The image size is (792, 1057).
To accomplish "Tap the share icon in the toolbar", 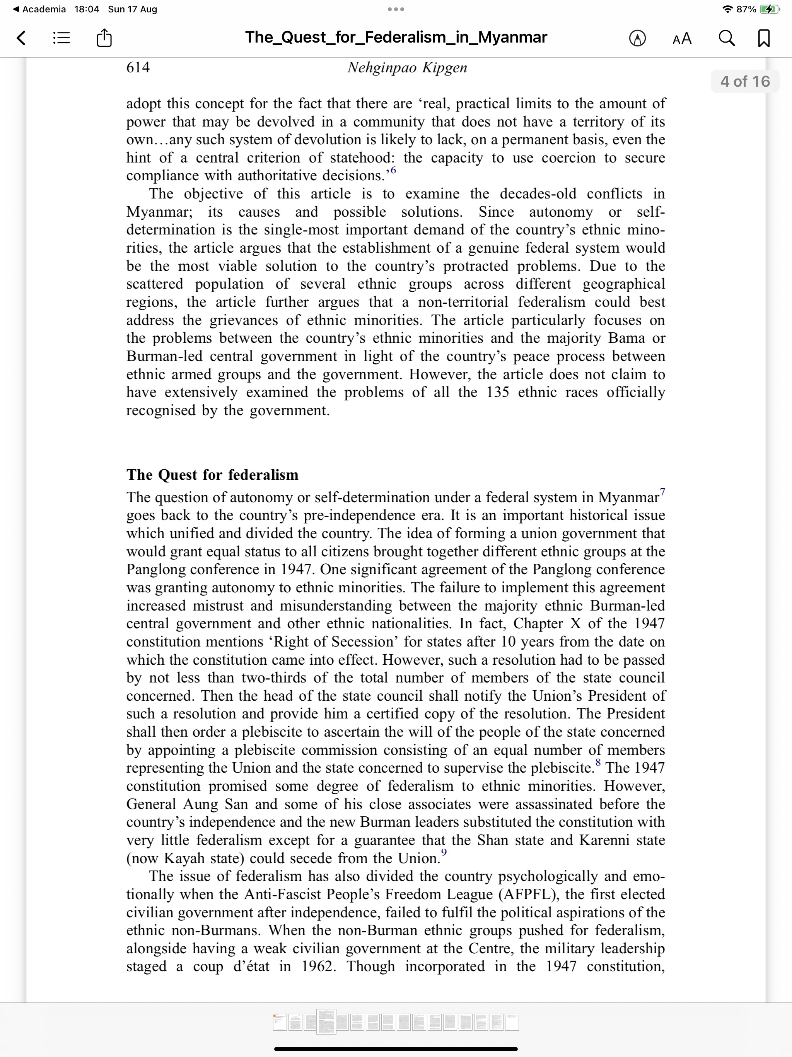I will click(104, 37).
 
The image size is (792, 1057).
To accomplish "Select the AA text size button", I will click(682, 38).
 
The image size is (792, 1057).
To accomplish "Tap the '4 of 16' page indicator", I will click(745, 81).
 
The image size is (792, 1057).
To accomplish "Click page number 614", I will click(138, 67).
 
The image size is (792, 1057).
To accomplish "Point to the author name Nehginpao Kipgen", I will click(407, 67).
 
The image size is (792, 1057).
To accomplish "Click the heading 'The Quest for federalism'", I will click(213, 474).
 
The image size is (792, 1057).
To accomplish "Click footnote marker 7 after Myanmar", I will click(662, 492).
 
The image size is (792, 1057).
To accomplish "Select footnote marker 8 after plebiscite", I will click(598, 763).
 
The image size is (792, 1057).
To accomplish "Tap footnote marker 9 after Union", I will click(444, 852).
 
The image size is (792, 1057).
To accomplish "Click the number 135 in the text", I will click(498, 392).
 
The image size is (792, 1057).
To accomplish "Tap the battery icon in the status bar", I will click(769, 9).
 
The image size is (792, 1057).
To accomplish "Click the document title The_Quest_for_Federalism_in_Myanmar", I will click(396, 37).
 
